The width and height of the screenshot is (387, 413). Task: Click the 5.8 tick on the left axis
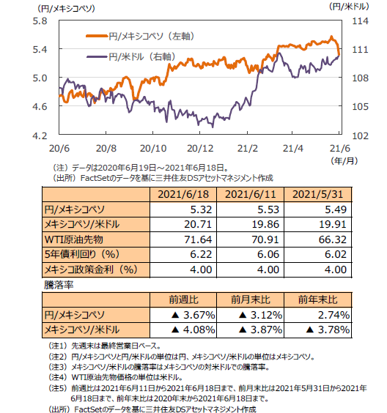coord(40,21)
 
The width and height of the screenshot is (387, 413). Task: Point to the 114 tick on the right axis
coord(360,21)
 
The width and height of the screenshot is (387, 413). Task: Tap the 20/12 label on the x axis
coord(200,149)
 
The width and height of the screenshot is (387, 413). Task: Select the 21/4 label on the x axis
coord(293,149)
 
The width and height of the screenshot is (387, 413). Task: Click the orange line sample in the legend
coord(97,36)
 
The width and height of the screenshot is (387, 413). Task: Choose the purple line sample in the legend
coord(97,56)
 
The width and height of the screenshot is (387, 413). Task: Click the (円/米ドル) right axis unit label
coord(348,7)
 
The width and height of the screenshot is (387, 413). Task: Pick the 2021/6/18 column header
coord(183,194)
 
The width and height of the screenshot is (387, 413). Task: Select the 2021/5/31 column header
coord(317,194)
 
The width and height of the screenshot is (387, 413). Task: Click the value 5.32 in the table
coord(201,209)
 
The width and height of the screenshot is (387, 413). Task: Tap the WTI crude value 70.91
coord(265,239)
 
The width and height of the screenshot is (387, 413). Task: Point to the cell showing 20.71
coord(198,224)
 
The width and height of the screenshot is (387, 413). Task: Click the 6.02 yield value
coord(336,254)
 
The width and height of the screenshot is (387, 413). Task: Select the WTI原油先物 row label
coord(74,239)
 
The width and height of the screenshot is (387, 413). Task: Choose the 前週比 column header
coord(183,299)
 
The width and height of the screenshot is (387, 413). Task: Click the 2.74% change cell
coord(333,315)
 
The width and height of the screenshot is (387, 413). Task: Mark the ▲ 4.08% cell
coord(193,330)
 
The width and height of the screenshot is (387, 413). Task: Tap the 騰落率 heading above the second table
coord(59,285)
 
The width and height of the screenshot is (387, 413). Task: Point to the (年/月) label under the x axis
coord(344,160)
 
